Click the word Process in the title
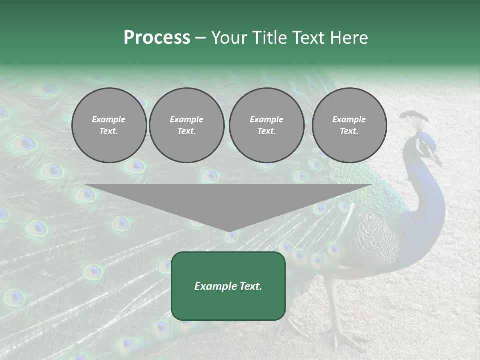157,38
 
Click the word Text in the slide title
308,38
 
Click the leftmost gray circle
109,125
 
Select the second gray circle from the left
186,125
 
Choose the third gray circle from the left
266,125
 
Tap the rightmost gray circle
349,125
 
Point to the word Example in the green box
214,286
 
